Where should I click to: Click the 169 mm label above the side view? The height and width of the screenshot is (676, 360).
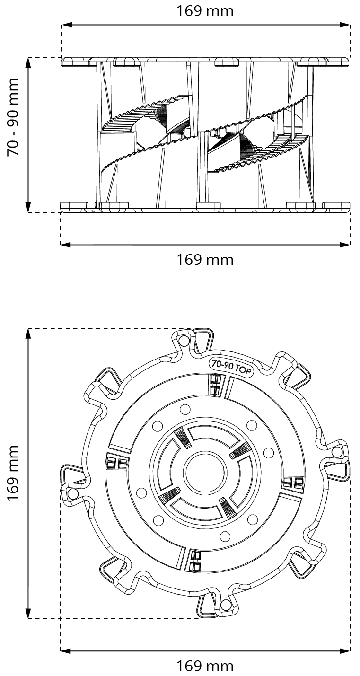pos(205,11)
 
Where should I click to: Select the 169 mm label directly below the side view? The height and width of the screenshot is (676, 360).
pos(205,260)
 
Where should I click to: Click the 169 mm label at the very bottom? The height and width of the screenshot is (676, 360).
pos(205,667)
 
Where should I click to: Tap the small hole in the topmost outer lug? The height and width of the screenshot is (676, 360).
pos(184,340)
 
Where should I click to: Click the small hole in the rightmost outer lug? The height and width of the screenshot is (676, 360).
pos(337,452)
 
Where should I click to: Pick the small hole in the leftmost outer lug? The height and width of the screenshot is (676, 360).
pos(73,494)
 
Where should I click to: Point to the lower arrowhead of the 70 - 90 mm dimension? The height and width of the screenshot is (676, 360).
pos(29,208)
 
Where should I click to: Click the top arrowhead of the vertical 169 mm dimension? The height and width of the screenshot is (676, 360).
pos(29,333)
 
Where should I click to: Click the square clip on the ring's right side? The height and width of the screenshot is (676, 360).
pos(293,483)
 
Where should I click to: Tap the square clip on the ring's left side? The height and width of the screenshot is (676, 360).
pos(116,463)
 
